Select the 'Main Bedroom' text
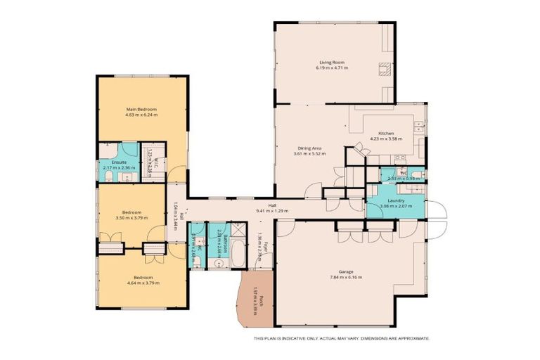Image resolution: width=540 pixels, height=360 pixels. click(x=141, y=110)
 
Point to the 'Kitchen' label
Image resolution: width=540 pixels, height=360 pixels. click(x=386, y=133)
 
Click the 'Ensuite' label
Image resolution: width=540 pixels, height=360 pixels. click(x=110, y=162)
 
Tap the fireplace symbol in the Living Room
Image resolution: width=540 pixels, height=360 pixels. click(x=385, y=69)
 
